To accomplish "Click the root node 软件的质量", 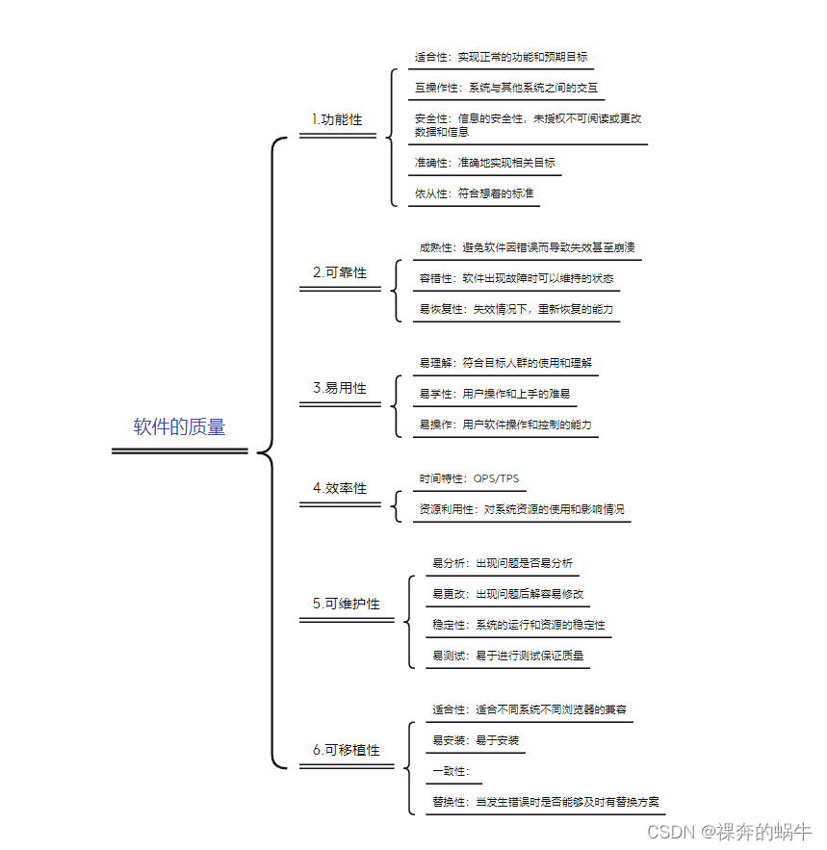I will [179, 427].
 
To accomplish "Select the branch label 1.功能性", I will [337, 119].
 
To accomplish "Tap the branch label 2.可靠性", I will [340, 272].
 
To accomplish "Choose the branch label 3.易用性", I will [340, 388].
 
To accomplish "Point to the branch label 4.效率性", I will [340, 488].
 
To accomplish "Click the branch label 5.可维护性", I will [347, 604].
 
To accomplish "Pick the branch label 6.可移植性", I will [347, 750].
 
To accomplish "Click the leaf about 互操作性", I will [506, 88].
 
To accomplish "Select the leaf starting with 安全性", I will [528, 124].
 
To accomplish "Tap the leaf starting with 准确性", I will [484, 163].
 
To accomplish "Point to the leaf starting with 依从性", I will [474, 193].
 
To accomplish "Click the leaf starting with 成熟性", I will [527, 247].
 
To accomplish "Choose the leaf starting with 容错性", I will [516, 278].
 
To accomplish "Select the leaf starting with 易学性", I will [494, 394].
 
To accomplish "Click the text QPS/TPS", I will [496, 478].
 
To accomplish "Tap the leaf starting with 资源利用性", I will [522, 509].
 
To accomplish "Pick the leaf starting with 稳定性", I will [518, 625].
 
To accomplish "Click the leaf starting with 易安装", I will [476, 740].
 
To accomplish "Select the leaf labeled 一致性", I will [451, 771].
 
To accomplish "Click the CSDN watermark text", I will [728, 831].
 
